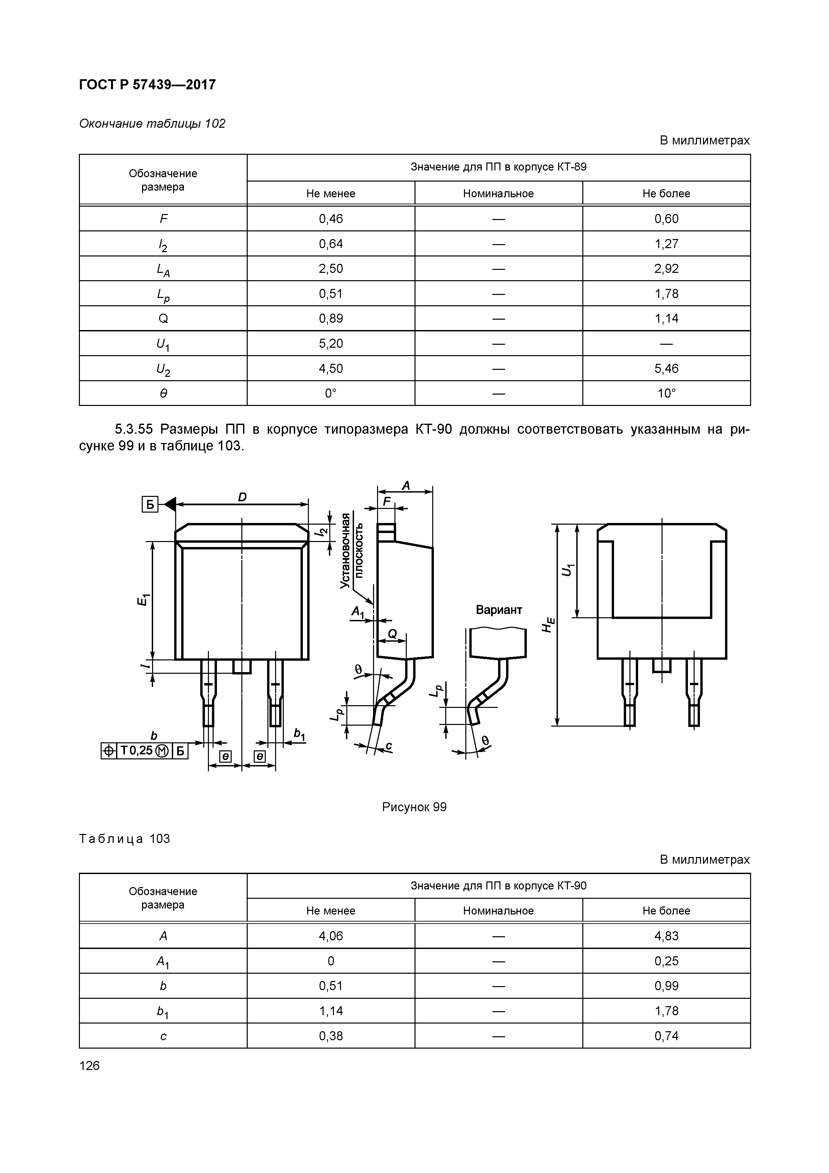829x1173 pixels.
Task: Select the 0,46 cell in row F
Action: [331, 219]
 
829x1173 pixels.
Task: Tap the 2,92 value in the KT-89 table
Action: [666, 269]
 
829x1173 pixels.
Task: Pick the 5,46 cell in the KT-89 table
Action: [666, 368]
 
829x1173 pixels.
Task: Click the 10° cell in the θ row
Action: [666, 393]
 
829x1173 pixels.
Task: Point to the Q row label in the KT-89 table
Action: [163, 319]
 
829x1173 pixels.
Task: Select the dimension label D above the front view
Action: [242, 497]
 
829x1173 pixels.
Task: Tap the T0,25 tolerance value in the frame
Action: [136, 750]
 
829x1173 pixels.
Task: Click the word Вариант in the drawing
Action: [498, 610]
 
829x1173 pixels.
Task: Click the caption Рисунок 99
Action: [414, 807]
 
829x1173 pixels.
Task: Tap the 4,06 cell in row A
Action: [331, 936]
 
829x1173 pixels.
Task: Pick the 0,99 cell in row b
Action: [666, 986]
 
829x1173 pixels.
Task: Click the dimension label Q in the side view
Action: [392, 634]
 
